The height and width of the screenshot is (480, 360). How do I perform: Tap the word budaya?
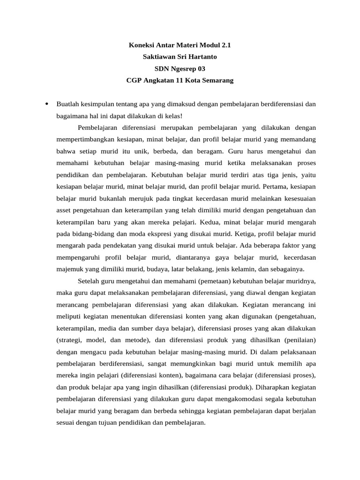click(x=162, y=269)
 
